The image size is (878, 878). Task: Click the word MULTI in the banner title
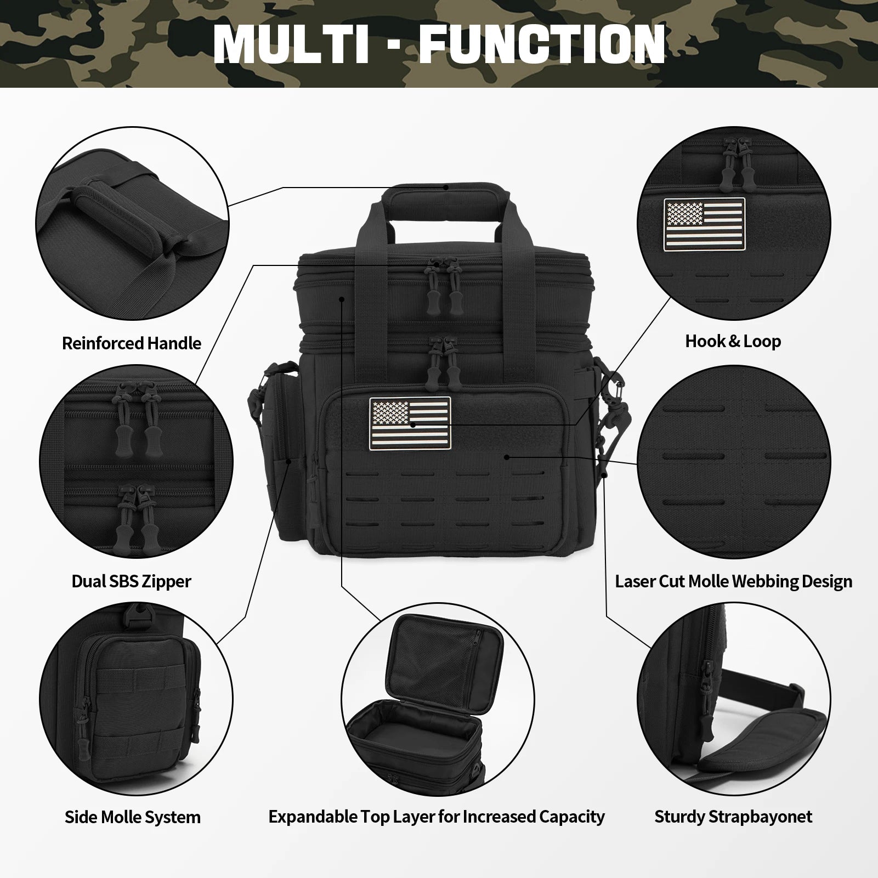(291, 43)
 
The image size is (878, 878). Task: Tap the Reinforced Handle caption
(132, 343)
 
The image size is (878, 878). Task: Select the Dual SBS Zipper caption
(132, 581)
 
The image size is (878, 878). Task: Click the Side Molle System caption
(133, 817)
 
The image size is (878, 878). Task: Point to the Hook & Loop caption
(733, 341)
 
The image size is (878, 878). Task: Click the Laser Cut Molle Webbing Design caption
(733, 581)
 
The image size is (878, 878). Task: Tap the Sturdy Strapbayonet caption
(733, 817)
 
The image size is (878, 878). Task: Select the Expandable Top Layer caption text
(437, 817)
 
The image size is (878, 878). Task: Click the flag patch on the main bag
(410, 420)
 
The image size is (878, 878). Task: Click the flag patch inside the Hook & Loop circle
(704, 219)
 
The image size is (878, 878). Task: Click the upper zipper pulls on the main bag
(446, 288)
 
